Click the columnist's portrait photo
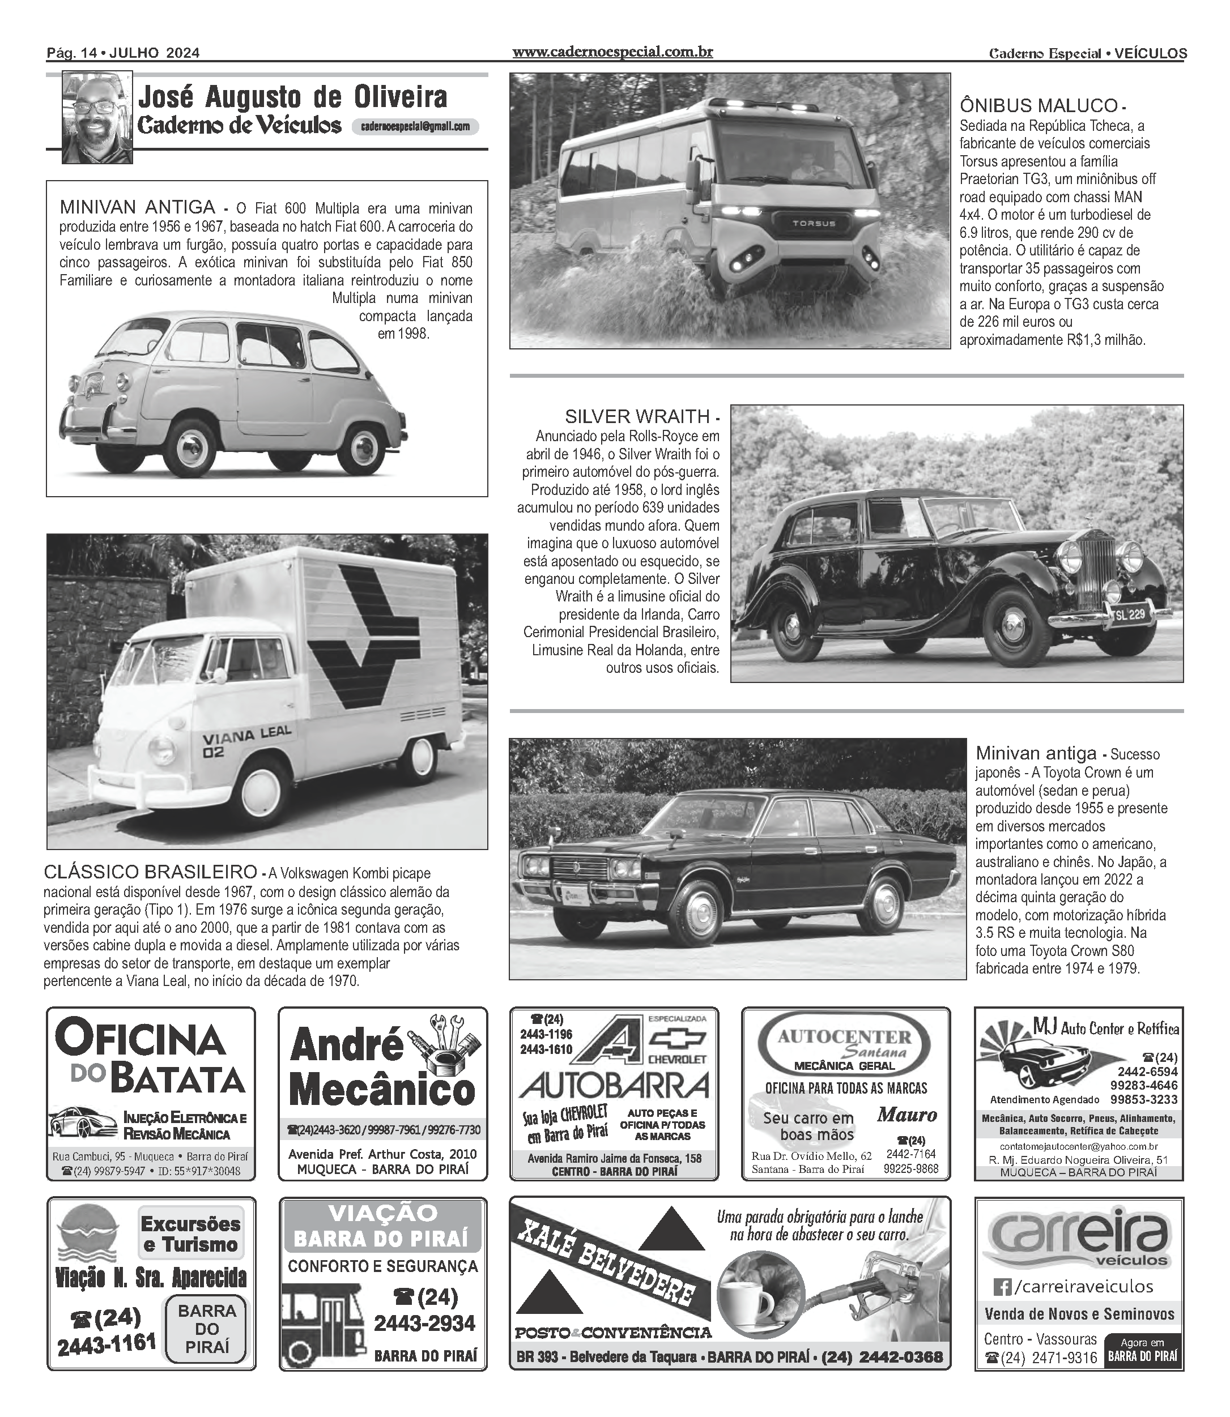point(97,117)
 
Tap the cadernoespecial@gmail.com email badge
point(415,126)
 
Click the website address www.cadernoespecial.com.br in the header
point(612,52)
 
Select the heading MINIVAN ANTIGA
point(137,207)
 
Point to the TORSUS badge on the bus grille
point(814,223)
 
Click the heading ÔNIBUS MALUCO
point(1039,106)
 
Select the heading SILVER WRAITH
point(637,416)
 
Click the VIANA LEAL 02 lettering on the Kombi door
point(246,742)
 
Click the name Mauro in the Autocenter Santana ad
point(906,1115)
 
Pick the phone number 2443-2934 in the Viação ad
point(424,1323)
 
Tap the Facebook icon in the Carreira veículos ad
point(1002,1286)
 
